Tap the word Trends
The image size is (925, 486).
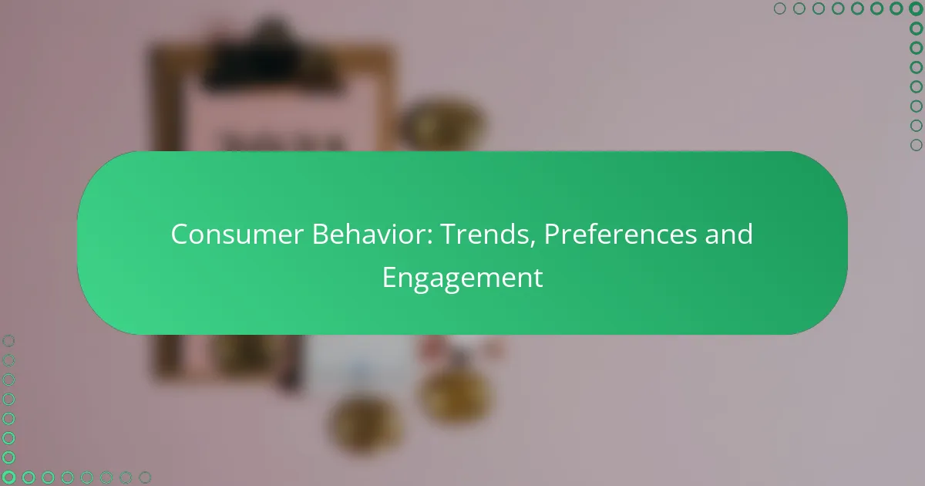click(483, 235)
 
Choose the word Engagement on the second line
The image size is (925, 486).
click(462, 278)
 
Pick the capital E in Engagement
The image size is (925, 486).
click(389, 278)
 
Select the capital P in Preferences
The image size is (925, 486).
click(553, 235)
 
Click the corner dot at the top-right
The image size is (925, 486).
click(916, 8)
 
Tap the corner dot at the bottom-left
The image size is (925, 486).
click(8, 478)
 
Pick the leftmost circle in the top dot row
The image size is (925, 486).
click(779, 8)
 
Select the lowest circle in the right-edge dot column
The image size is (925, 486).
click(916, 145)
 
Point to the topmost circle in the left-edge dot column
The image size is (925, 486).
click(8, 341)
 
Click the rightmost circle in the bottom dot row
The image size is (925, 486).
click(145, 478)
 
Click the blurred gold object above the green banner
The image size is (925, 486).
click(439, 123)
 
